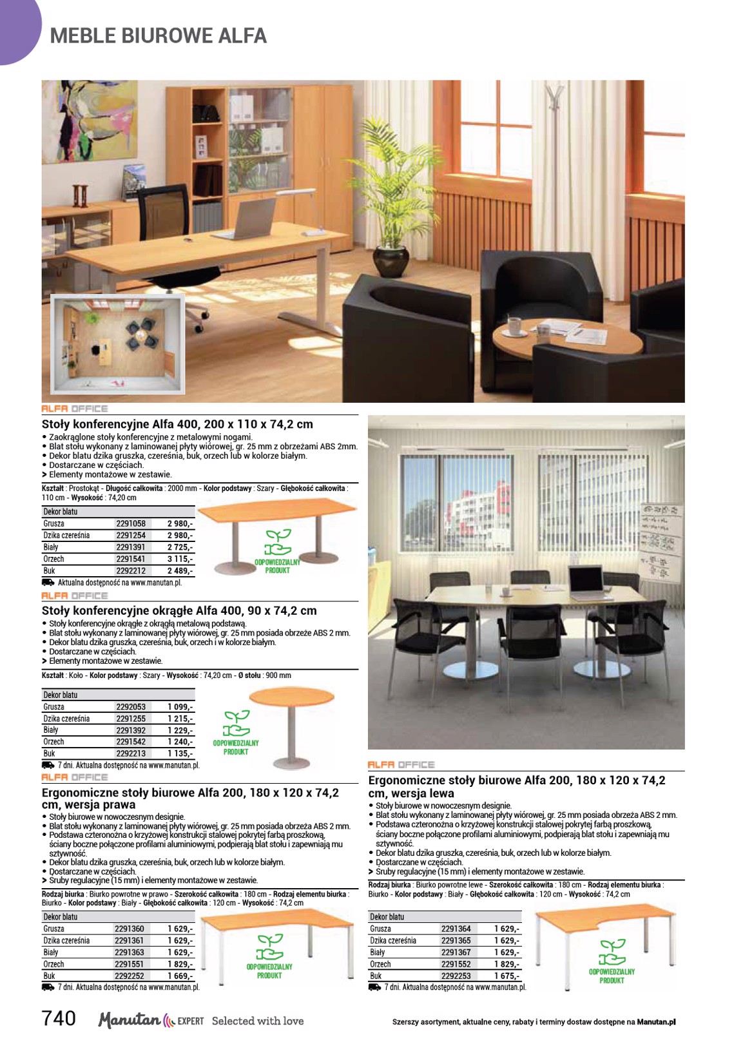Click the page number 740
(59, 1018)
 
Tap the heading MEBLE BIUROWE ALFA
(158, 35)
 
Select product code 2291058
(131, 524)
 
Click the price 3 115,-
(180, 559)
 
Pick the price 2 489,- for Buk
(180, 571)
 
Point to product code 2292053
(131, 707)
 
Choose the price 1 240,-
(180, 742)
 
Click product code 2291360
(130, 929)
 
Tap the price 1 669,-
(180, 976)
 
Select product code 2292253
(456, 976)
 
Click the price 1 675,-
(507, 976)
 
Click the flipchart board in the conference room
(661, 541)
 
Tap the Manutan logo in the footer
(129, 1020)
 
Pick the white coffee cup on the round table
(514, 326)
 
